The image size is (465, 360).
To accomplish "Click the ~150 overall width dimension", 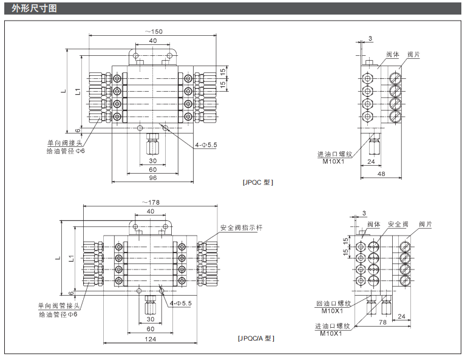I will tap(154, 32).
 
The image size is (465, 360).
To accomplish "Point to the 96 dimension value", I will tap(152, 177).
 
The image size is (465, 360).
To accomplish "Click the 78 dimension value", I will tap(382, 322).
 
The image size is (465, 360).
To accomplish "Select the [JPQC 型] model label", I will tap(257, 182).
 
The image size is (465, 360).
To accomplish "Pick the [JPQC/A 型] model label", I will tap(256, 338).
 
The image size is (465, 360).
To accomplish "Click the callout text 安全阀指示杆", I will tap(241, 228).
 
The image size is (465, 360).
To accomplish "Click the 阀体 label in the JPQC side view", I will tap(393, 55).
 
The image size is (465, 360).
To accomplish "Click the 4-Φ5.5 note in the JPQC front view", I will tap(205, 145).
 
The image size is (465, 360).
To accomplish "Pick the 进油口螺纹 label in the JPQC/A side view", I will tap(333, 326).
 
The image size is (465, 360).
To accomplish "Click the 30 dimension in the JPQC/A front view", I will tap(150, 318).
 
